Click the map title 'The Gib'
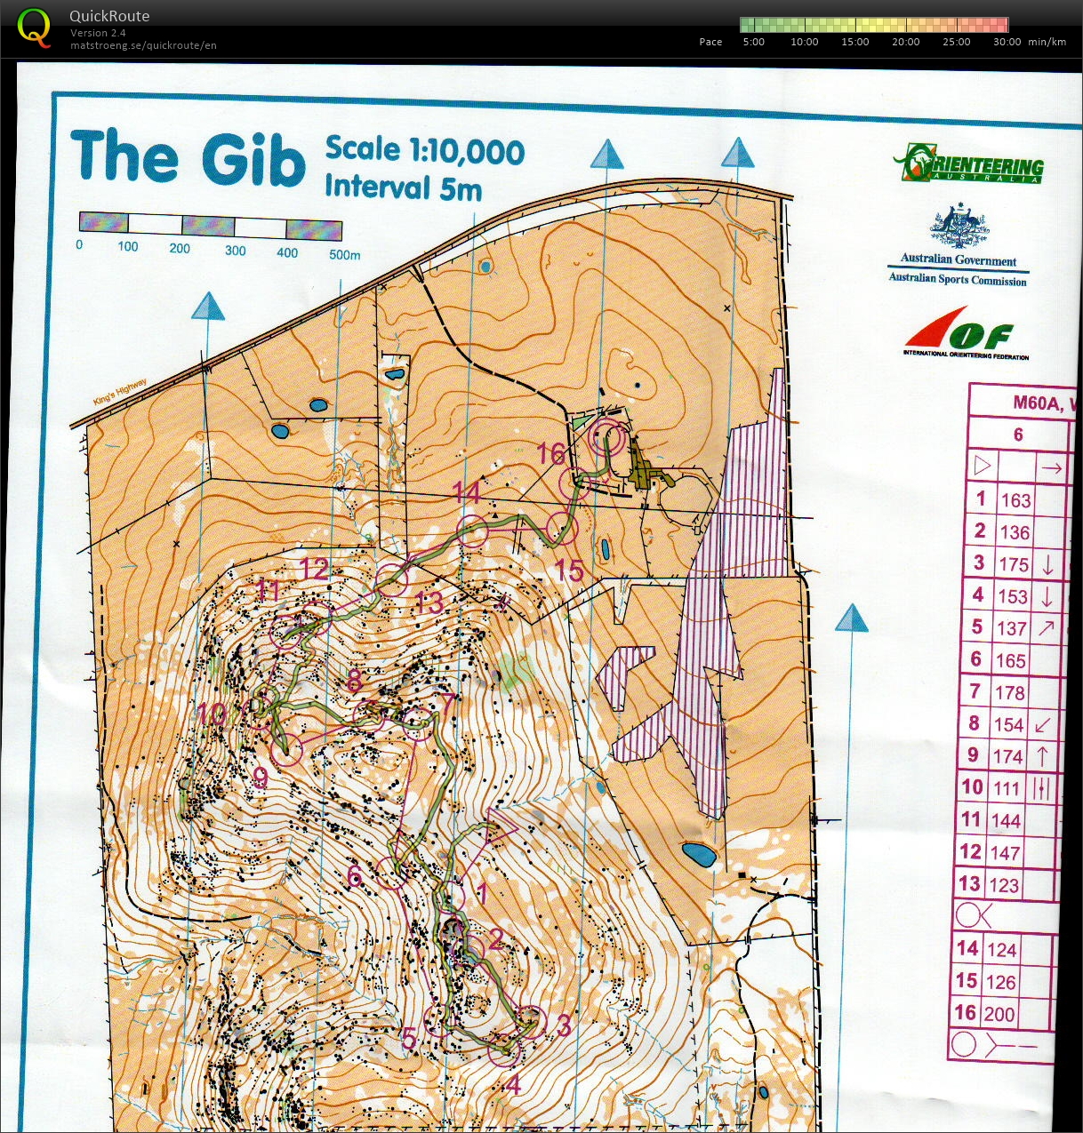pos(188,158)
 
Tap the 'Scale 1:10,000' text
pos(425,149)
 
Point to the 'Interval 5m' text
pos(403,188)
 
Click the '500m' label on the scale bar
pos(344,254)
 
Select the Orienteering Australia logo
pos(968,164)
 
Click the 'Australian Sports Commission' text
pos(958,279)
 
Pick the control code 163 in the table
pos(1015,500)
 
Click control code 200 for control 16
pos(999,1014)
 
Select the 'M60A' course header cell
pos(1038,403)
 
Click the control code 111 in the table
pos(1007,788)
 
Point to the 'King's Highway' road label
pos(120,392)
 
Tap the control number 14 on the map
pos(467,493)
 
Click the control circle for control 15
pos(562,529)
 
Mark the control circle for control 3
pos(532,1022)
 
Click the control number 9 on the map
pos(261,778)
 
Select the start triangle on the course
pos(500,827)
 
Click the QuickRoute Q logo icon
pos(34,27)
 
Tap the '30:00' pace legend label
pos(1007,42)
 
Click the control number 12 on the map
pos(314,569)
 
